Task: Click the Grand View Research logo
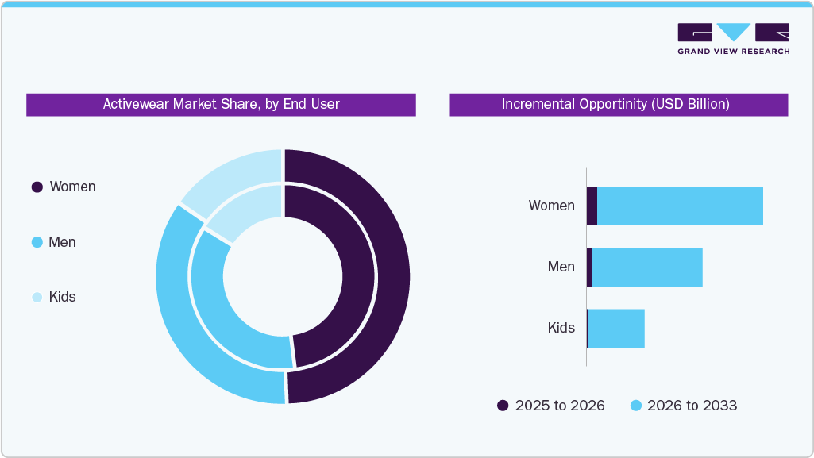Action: point(733,38)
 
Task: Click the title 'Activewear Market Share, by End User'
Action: point(221,104)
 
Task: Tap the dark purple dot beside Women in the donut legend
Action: point(37,187)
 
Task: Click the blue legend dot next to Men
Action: point(37,242)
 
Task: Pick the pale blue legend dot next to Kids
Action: point(37,297)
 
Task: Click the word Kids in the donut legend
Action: point(62,297)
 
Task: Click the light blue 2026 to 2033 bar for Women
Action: point(679,206)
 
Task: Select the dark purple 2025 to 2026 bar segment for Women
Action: point(592,206)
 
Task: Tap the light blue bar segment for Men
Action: point(647,267)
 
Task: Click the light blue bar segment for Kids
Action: point(616,329)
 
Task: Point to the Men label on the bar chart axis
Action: point(561,267)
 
